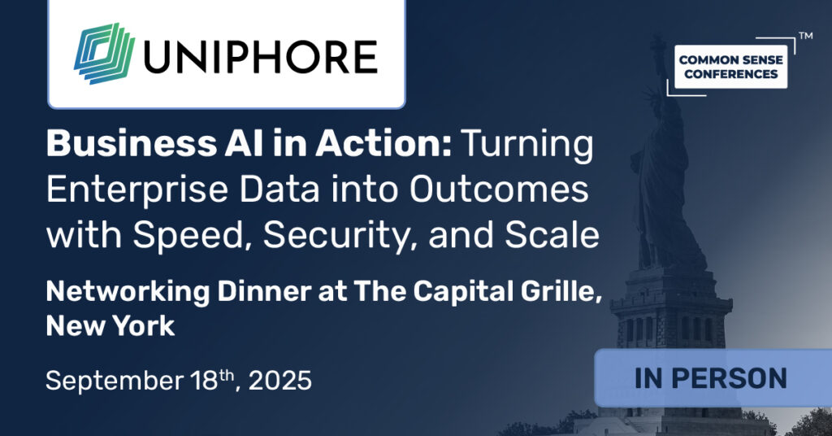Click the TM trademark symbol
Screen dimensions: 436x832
click(805, 37)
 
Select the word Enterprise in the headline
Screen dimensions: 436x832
click(130, 191)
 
